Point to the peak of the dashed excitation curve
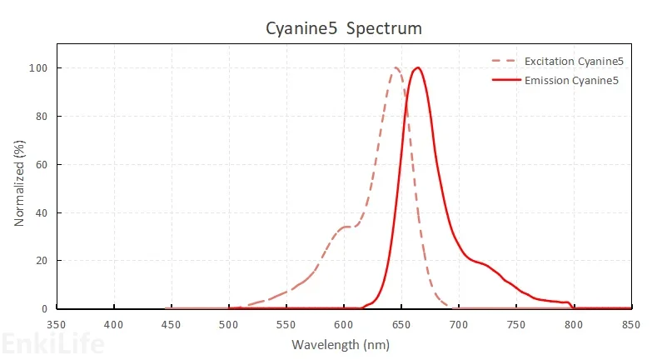[396, 67]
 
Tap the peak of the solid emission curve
[418, 67]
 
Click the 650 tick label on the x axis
[401, 324]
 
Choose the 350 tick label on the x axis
[57, 324]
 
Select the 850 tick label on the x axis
[630, 324]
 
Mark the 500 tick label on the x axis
[229, 324]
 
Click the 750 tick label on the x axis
[515, 324]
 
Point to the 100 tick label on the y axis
[39, 67]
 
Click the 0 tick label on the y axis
[44, 309]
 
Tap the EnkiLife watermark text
[52, 342]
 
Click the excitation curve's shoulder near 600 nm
[346, 227]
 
